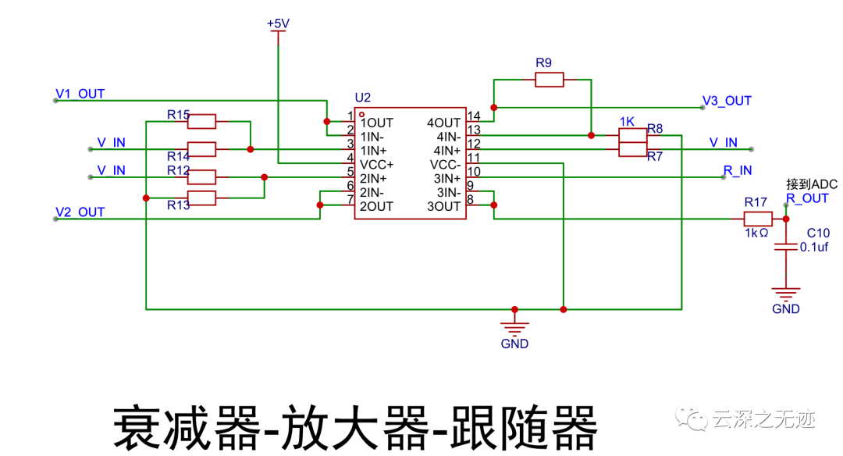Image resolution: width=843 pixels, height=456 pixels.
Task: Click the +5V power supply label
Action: pyautogui.click(x=278, y=24)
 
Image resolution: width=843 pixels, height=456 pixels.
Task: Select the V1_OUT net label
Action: pyautogui.click(x=80, y=94)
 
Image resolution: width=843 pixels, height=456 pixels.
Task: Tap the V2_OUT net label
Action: pyautogui.click(x=80, y=212)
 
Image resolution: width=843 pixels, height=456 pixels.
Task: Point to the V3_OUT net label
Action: pyautogui.click(x=727, y=101)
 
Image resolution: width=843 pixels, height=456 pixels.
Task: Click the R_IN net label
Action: pyautogui.click(x=738, y=170)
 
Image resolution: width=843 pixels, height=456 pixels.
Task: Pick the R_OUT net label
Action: pyautogui.click(x=807, y=198)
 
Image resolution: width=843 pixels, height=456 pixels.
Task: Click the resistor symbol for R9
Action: pyautogui.click(x=549, y=79)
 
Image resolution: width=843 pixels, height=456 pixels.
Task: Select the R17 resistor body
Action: pyautogui.click(x=757, y=219)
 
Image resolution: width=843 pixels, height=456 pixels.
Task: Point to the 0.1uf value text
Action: pyautogui.click(x=814, y=247)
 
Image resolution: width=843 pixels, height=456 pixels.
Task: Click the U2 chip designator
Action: pyautogui.click(x=362, y=98)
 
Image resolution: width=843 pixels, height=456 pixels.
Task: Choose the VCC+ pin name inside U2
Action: pyautogui.click(x=377, y=165)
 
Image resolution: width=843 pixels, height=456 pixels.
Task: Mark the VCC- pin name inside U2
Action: pyautogui.click(x=445, y=165)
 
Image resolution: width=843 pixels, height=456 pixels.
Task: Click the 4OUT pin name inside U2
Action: pyautogui.click(x=443, y=123)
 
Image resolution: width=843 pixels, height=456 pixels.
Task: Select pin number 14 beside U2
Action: pyautogui.click(x=473, y=116)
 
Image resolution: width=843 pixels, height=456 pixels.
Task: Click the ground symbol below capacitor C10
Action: pyautogui.click(x=786, y=295)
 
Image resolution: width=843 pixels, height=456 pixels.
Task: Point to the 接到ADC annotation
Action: pyautogui.click(x=811, y=184)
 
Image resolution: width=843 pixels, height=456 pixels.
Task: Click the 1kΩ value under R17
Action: pyautogui.click(x=756, y=233)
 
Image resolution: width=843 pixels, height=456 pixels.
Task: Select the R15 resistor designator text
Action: pyautogui.click(x=178, y=115)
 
